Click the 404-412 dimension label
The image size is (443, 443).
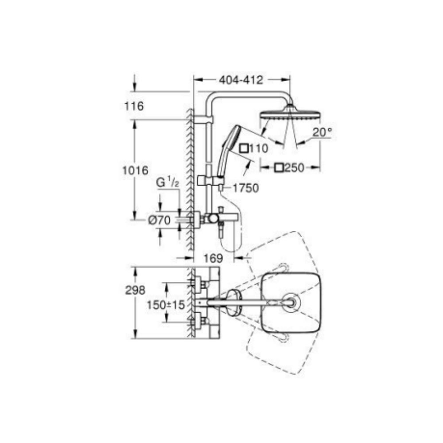241,80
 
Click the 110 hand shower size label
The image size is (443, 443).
258,149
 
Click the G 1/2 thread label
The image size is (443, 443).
168,182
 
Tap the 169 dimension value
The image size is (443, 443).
214,257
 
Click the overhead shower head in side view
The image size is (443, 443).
289,113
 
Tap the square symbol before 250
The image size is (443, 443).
279,167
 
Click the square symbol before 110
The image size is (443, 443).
244,149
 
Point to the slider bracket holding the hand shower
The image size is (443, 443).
208,180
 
